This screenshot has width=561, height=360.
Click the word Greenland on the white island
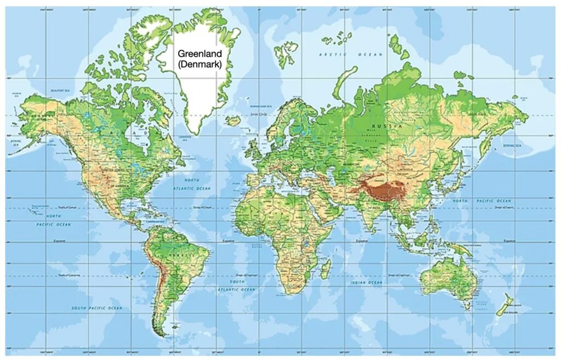(199, 54)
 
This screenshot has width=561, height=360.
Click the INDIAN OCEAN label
(367, 282)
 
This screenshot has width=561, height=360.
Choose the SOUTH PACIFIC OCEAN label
(97, 308)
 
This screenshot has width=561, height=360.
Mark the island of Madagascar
(325, 268)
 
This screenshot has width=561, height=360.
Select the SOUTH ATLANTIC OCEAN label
(237, 285)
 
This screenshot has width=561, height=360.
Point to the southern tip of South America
(161, 334)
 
